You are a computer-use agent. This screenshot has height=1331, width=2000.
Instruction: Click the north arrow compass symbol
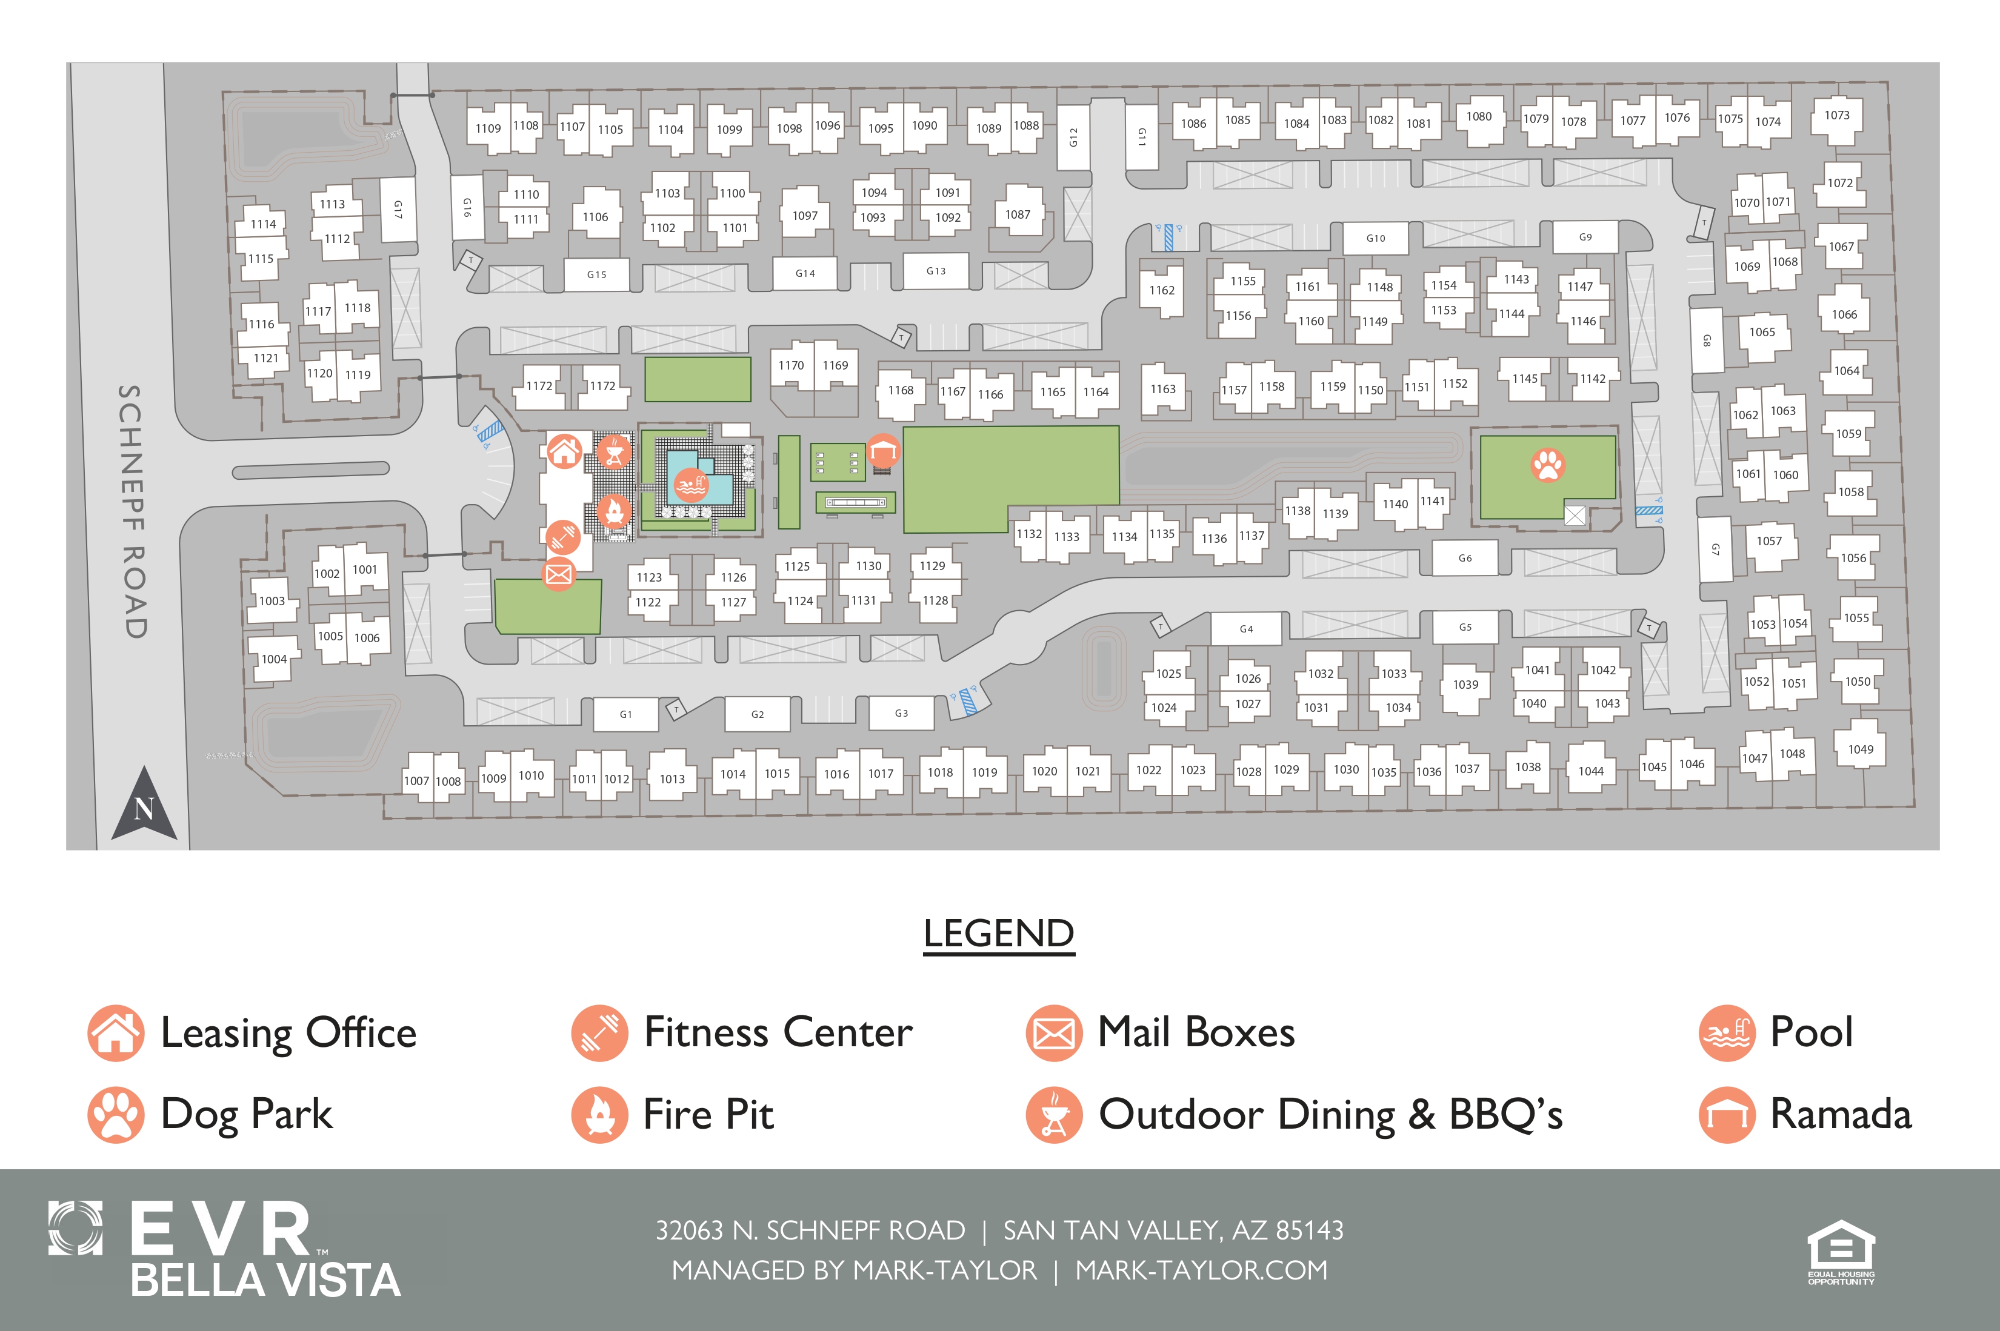click(x=144, y=805)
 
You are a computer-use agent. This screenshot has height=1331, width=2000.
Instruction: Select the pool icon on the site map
click(x=692, y=485)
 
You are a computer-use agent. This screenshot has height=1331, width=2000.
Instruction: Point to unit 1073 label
click(x=1836, y=116)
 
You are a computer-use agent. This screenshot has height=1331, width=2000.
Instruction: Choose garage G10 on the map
click(x=1376, y=239)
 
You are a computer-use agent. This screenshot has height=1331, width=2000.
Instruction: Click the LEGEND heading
click(x=999, y=934)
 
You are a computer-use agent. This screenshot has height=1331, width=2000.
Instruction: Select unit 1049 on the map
click(x=1860, y=749)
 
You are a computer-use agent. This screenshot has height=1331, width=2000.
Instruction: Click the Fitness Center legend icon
click(x=599, y=1033)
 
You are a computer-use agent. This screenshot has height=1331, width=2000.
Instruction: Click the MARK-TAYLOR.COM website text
click(x=1201, y=1270)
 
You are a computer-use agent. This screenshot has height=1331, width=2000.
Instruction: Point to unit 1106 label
click(x=595, y=217)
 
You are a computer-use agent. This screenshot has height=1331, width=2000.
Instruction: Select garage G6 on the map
click(x=1465, y=559)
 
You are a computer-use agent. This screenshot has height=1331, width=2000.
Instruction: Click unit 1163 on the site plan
click(x=1162, y=389)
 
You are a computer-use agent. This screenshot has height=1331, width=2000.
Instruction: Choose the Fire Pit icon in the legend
click(x=599, y=1115)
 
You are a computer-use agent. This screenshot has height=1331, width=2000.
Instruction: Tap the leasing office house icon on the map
click(x=564, y=451)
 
